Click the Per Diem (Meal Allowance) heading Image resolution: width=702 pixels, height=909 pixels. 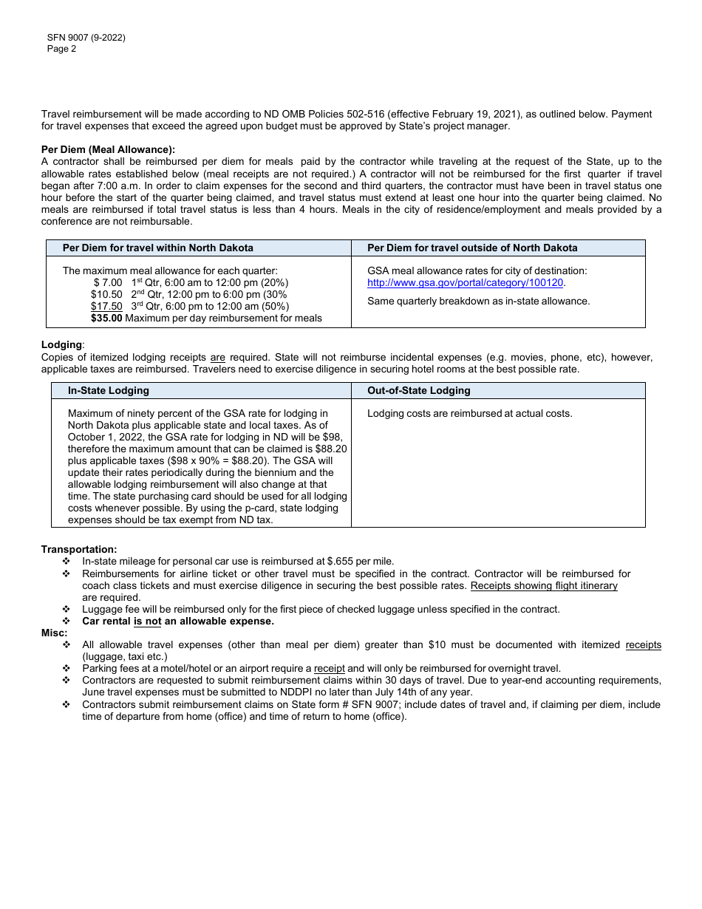108,149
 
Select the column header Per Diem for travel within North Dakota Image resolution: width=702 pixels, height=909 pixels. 158,248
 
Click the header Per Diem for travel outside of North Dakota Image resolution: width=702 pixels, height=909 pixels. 472,248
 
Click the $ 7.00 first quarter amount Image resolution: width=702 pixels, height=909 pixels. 108,282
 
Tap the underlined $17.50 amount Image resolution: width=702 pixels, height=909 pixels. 106,306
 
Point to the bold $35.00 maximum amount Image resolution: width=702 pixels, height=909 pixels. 106,319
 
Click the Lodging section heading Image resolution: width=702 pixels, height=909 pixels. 62,345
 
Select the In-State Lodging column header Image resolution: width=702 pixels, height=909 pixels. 109,391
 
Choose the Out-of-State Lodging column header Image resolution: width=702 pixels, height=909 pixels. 419,391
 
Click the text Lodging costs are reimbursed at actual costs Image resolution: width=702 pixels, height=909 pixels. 469,414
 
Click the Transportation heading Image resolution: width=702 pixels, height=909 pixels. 79,549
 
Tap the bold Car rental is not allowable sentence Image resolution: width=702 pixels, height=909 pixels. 178,622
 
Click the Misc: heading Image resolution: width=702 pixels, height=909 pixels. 54,633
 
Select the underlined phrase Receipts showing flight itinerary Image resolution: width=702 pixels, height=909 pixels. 544,586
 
